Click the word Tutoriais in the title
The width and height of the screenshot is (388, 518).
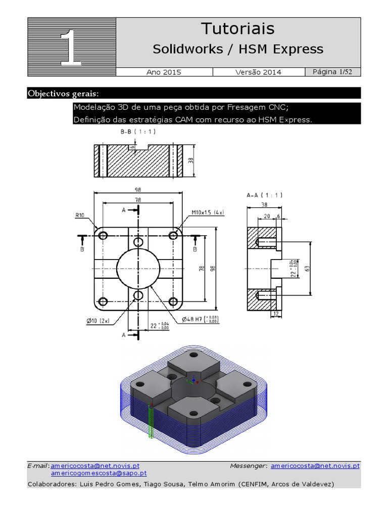[x=238, y=29]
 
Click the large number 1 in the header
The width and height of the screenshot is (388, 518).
[x=71, y=48]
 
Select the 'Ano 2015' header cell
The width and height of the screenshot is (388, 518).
[x=164, y=72]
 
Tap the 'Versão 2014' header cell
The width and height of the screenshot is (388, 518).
[x=259, y=72]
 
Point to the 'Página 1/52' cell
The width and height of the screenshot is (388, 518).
[x=332, y=72]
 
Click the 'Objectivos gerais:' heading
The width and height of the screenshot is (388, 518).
[x=64, y=94]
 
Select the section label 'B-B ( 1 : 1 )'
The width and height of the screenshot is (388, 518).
[x=138, y=131]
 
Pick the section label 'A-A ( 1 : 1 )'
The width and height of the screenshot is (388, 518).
[x=265, y=195]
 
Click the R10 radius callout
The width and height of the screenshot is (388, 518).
[x=80, y=215]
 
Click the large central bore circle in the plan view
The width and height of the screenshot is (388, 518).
[x=138, y=269]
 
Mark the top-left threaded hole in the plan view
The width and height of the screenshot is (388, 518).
[x=104, y=235]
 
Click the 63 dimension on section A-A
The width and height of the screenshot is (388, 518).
[x=307, y=269]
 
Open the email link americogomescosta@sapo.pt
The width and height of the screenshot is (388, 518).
[x=99, y=473]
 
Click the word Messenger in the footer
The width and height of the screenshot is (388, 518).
[x=248, y=465]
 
